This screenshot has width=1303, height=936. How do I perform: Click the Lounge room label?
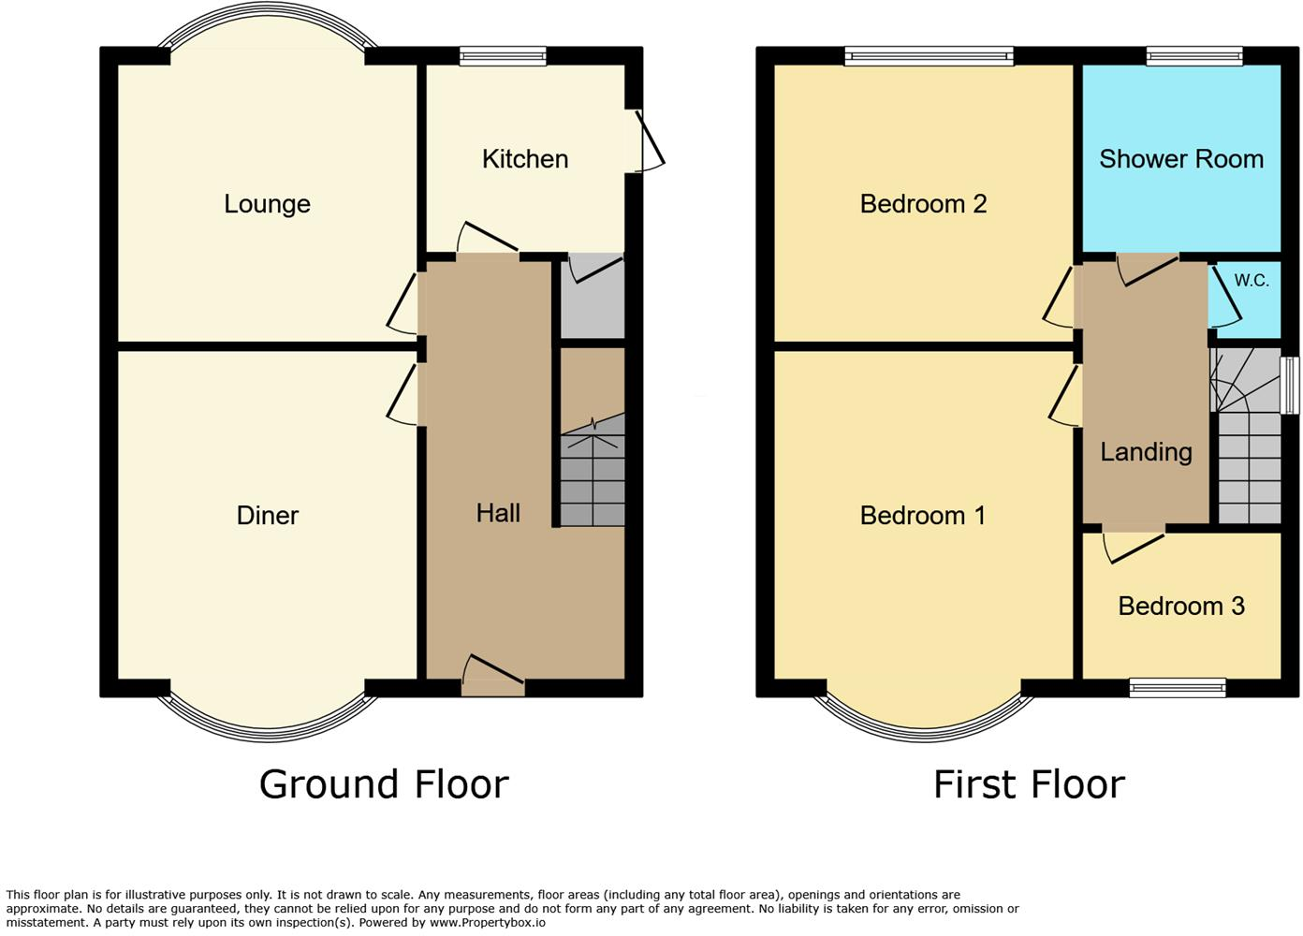pos(267,204)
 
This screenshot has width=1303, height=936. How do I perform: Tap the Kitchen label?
pos(524,159)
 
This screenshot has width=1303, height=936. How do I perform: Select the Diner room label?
pos(268,515)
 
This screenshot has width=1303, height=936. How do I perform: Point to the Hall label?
pos(497,513)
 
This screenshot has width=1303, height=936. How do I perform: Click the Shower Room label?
pos(1180,159)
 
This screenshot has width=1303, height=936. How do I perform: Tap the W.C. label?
pos(1251,281)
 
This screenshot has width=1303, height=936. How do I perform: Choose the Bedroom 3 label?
pos(1180,607)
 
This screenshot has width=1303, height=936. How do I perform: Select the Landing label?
pos(1146,452)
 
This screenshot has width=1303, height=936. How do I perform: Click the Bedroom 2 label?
pos(923,204)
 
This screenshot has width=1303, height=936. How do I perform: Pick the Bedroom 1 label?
pos(922,515)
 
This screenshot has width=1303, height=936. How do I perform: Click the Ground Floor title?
pos(384,784)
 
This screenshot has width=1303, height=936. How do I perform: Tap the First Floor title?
pos(1029,784)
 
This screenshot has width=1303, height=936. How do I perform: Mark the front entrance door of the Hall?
pos(493,678)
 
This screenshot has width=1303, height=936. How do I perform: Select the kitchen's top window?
pos(503,56)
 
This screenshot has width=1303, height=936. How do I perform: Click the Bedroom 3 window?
pos(1178,688)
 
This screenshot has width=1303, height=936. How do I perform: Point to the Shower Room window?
pos(1194,56)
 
